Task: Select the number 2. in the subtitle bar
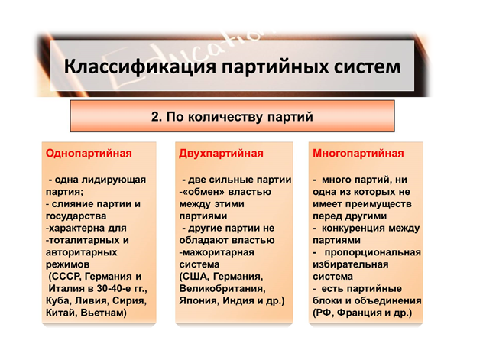[157, 117]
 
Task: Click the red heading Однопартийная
[89, 154]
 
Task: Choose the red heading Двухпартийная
[221, 154]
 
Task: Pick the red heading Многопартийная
[358, 154]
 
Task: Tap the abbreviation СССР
[66, 276]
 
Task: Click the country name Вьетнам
[103, 313]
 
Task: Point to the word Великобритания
[222, 289]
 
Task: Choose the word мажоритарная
[217, 252]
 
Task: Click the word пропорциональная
[373, 252]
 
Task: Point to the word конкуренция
[352, 229]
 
